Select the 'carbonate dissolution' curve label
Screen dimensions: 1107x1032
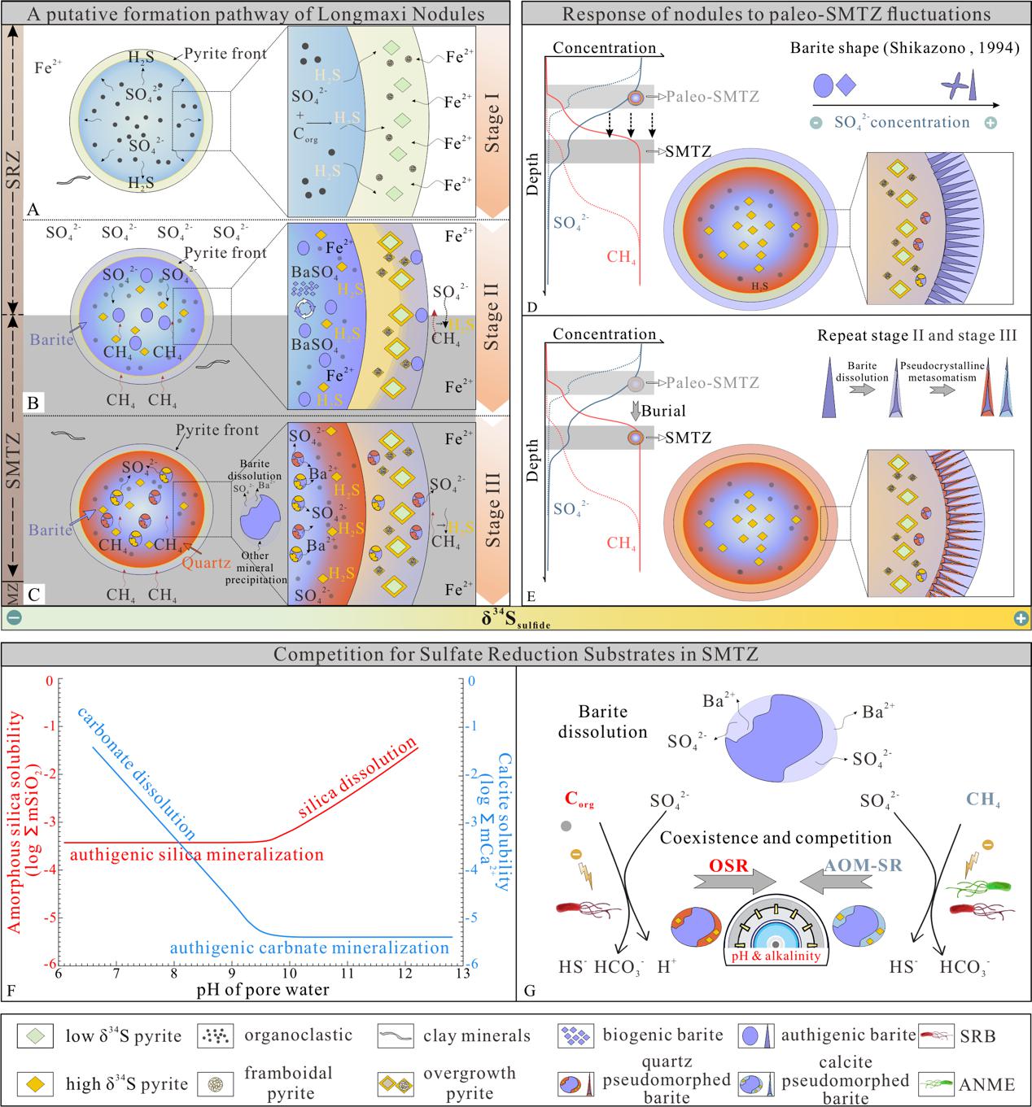pos(137,772)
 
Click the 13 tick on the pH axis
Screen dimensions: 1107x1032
pos(463,973)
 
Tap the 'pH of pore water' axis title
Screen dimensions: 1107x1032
pos(262,991)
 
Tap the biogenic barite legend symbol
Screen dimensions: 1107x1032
pos(575,1036)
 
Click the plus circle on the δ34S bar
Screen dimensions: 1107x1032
pos(1021,618)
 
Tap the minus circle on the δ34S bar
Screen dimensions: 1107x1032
pos(12,618)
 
